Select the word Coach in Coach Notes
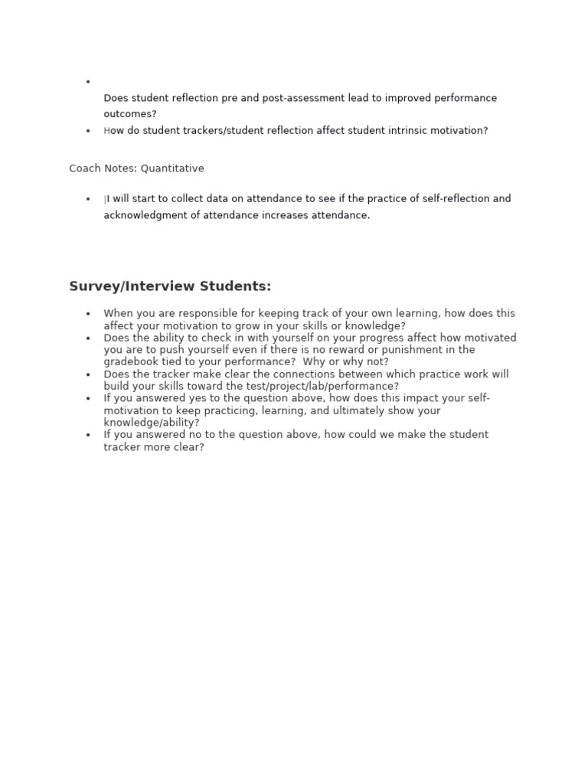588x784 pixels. pyautogui.click(x=84, y=168)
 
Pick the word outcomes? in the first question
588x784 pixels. pyautogui.click(x=130, y=114)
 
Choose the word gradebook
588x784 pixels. pyautogui.click(x=132, y=361)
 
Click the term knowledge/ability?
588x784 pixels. pyautogui.click(x=152, y=422)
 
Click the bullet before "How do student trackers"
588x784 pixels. pyautogui.click(x=88, y=131)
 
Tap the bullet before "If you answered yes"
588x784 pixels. pyautogui.click(x=88, y=398)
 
